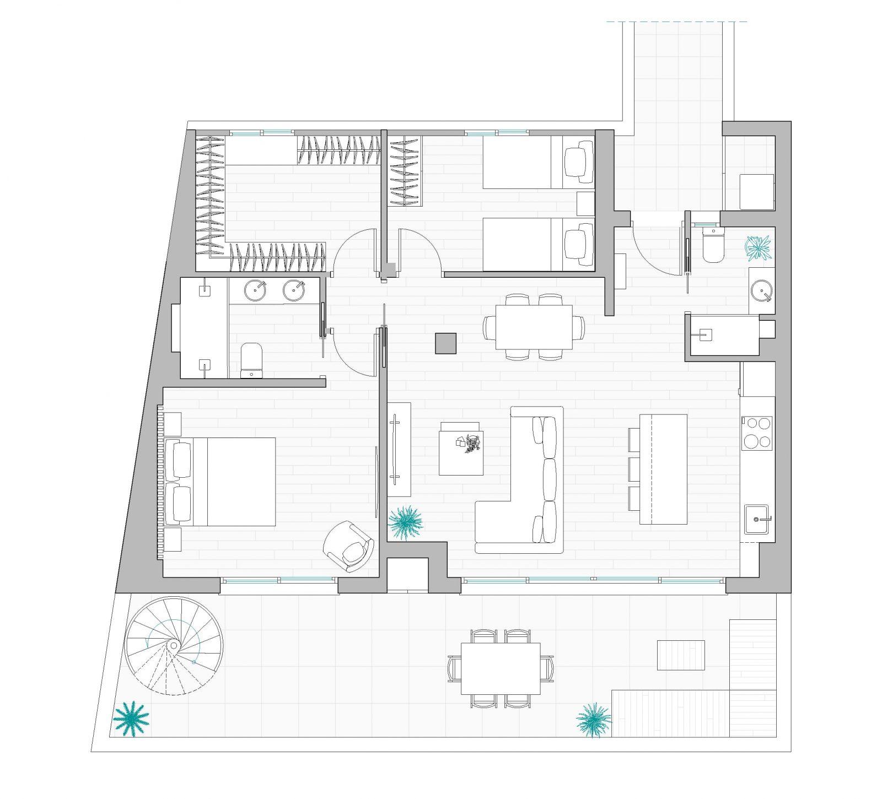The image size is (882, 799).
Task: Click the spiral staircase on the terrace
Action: [174, 645]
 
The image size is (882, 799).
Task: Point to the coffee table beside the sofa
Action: [461, 449]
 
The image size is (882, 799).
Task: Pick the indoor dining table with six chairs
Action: [534, 327]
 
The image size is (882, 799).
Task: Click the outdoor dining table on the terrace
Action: [501, 668]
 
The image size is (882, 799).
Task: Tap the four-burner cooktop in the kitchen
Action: [757, 433]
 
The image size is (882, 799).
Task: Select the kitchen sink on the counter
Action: [756, 519]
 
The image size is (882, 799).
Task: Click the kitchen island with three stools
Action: [663, 469]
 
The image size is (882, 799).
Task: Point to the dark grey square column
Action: [445, 343]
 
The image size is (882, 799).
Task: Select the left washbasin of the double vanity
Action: [255, 290]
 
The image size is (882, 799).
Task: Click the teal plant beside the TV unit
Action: [406, 522]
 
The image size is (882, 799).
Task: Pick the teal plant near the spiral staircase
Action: [131, 719]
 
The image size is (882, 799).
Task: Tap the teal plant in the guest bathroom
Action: [759, 247]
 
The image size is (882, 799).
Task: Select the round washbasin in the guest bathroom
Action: [762, 290]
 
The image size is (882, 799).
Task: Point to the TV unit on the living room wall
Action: [399, 450]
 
